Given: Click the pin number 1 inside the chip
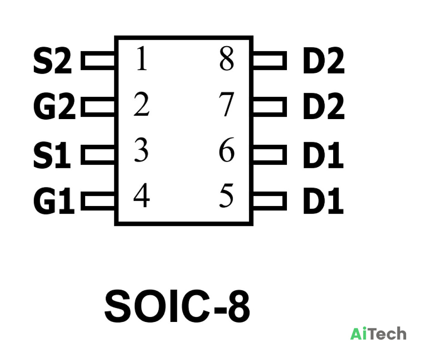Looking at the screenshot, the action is click(x=142, y=58).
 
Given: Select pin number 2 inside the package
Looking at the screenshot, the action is click(x=141, y=104).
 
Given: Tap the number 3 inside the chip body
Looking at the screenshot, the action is click(x=141, y=150).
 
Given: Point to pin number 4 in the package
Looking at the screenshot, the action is click(x=141, y=195).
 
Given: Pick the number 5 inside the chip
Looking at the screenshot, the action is click(x=226, y=196).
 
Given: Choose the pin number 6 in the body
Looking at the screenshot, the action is click(x=226, y=149).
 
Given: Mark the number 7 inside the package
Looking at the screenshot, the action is click(x=226, y=105).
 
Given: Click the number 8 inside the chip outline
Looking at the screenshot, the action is click(x=226, y=58).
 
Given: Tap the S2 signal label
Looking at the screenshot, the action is click(x=53, y=61).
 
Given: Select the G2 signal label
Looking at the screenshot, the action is click(x=54, y=106).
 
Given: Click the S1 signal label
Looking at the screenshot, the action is click(x=52, y=155).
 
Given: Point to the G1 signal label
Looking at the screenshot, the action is click(x=54, y=201).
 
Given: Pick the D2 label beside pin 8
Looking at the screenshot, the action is click(x=324, y=61).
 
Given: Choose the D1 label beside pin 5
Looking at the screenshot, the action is click(x=323, y=201).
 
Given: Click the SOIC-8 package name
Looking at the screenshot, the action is click(x=177, y=306).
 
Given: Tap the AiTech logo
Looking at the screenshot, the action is click(x=378, y=334).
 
